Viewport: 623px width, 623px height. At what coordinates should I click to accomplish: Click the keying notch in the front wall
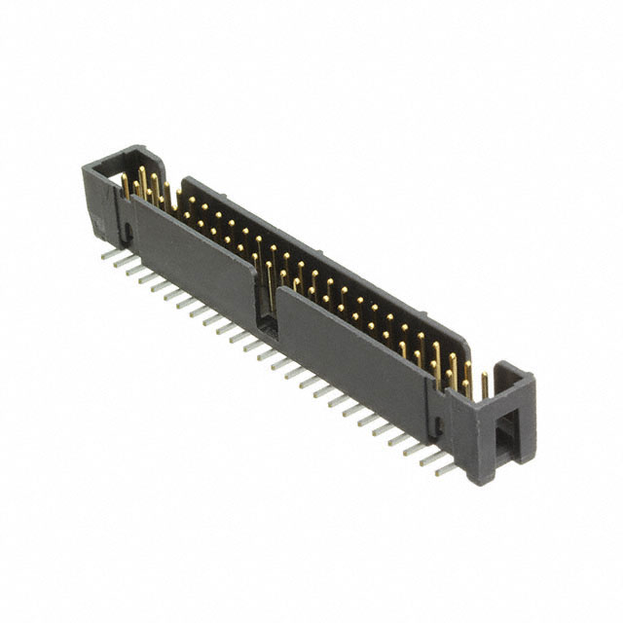coord(266,303)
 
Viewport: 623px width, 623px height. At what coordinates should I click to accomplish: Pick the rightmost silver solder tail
coord(446,469)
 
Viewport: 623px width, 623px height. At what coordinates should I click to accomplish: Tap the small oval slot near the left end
coord(127,231)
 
